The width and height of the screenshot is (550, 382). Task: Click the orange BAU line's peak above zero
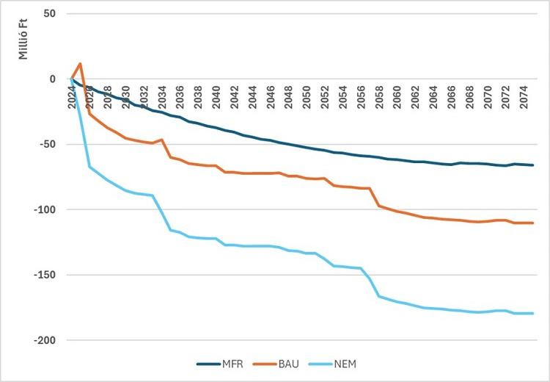coord(80,64)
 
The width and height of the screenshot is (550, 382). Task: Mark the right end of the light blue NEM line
coord(532,314)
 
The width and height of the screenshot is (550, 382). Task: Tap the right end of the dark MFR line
coord(532,165)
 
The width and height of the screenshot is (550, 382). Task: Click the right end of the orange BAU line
coord(532,223)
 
